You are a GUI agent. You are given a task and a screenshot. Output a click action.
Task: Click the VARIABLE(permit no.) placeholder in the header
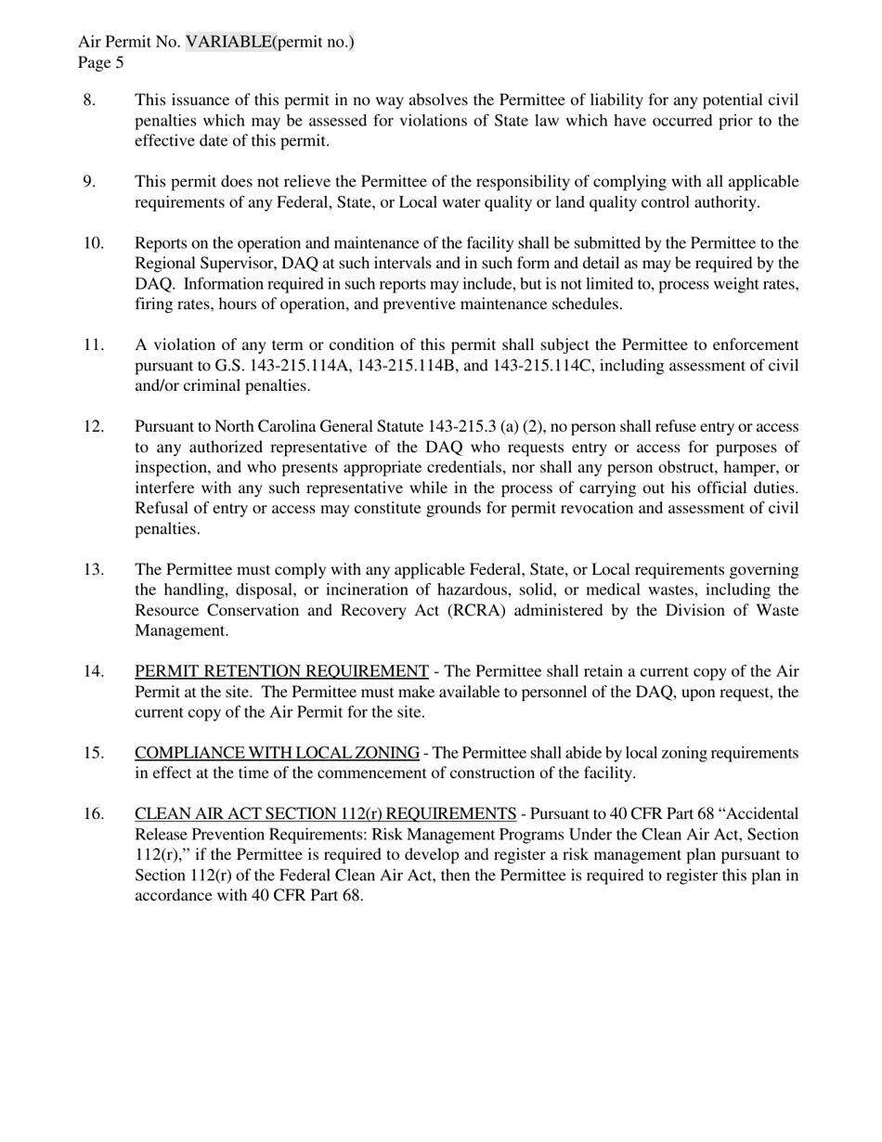click(270, 42)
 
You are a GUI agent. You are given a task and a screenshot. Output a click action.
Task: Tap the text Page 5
click(100, 62)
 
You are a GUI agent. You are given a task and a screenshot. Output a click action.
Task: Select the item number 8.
click(89, 100)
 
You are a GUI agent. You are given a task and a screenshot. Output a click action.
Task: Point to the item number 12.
click(94, 427)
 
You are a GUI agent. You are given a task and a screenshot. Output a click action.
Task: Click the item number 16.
click(94, 814)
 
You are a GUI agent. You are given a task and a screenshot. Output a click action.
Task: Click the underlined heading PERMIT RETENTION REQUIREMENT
click(281, 671)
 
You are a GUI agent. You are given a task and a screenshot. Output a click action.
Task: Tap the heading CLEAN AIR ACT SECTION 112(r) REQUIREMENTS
click(325, 814)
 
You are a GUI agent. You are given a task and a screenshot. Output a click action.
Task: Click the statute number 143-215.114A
click(299, 366)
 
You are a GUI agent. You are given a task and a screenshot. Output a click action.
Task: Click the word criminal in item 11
click(203, 386)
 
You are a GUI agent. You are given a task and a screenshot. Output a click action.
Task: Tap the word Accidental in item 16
click(759, 814)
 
